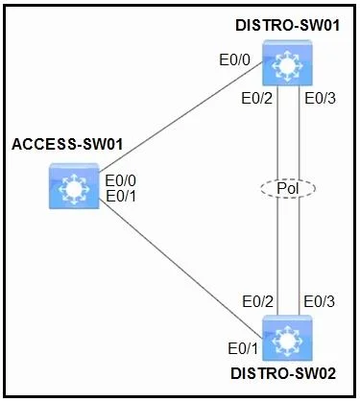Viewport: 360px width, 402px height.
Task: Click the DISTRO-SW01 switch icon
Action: pos(287,62)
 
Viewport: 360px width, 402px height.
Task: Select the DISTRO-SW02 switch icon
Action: pos(287,338)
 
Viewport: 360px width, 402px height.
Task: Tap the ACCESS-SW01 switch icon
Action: pos(74,186)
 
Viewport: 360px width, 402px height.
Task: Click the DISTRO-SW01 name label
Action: pos(287,26)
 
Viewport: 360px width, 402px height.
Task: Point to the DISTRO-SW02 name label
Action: pos(283,373)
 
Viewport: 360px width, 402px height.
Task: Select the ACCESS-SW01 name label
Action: pos(67,144)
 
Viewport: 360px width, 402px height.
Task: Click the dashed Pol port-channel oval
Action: pos(288,188)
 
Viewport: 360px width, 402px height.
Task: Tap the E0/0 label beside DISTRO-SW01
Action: pos(234,59)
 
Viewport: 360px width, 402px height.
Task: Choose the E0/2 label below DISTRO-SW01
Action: pos(257,98)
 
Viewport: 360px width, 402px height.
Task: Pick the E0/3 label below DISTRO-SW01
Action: pos(320,98)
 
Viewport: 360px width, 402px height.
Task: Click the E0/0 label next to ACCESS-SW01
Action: pos(121,180)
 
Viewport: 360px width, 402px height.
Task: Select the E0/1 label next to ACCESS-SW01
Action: pos(121,196)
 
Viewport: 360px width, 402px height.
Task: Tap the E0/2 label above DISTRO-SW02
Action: pos(258,301)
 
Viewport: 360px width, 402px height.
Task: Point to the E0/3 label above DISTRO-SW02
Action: pos(320,301)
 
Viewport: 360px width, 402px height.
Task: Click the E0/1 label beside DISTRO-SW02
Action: pos(243,348)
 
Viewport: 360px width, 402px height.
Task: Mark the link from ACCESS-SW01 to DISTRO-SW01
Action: pos(180,116)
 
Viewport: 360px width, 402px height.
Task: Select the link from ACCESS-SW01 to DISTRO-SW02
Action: pos(180,269)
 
